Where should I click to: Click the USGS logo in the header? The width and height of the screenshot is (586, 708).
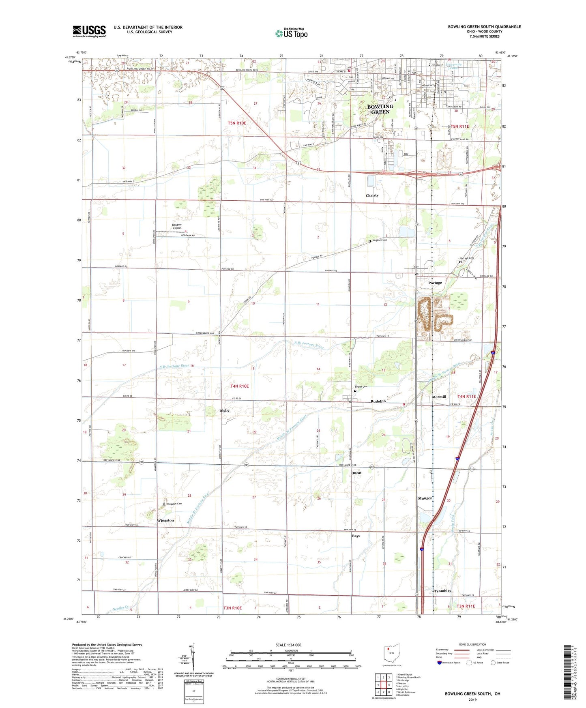[x=89, y=31]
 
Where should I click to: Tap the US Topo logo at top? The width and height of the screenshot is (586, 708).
[x=291, y=33]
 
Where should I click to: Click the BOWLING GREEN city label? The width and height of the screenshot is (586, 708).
[x=380, y=109]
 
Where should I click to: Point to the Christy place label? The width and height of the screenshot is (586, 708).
[x=372, y=195]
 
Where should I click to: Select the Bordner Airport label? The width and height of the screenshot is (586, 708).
[x=177, y=226]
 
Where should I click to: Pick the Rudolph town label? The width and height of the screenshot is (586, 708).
[x=378, y=401]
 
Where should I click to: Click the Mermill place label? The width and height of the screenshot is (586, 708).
[x=439, y=397]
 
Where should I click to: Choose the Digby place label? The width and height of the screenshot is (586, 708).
[x=224, y=410]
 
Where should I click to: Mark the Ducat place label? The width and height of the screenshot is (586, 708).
[x=356, y=473]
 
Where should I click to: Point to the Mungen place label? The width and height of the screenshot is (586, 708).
[x=425, y=498]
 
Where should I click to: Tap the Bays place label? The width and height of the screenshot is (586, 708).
[x=356, y=536]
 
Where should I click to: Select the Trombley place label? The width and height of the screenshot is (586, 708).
[x=442, y=591]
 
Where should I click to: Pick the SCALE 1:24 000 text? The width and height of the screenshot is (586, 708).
[x=288, y=645]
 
